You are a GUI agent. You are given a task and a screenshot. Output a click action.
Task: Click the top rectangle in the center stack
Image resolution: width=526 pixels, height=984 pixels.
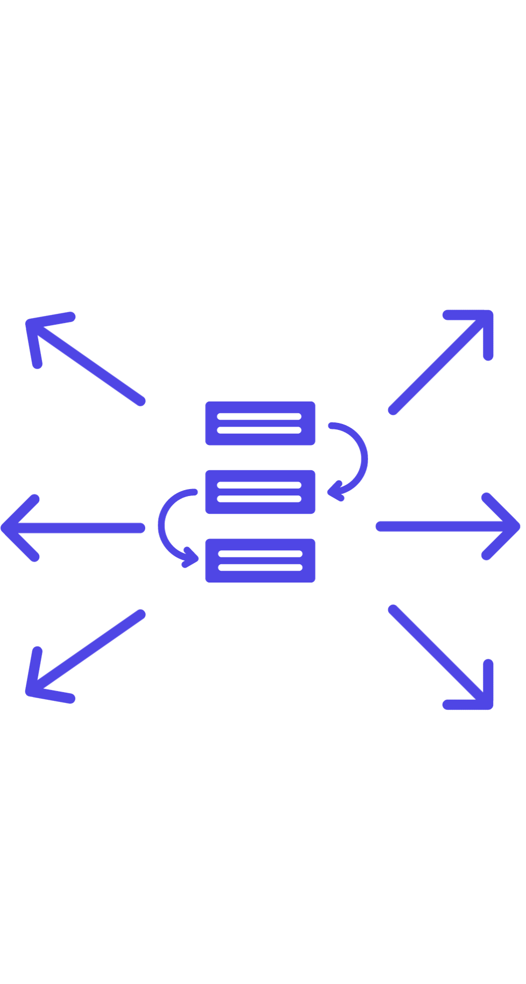coord(260,423)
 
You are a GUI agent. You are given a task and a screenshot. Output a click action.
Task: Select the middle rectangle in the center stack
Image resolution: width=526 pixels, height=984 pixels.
coord(260,492)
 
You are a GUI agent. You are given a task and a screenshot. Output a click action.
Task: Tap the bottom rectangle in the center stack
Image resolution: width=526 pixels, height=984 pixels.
coord(260,560)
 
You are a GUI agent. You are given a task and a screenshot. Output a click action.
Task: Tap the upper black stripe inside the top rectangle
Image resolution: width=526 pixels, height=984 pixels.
coord(260,416)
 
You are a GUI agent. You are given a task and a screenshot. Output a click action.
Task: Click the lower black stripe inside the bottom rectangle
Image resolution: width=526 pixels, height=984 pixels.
coord(260,567)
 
